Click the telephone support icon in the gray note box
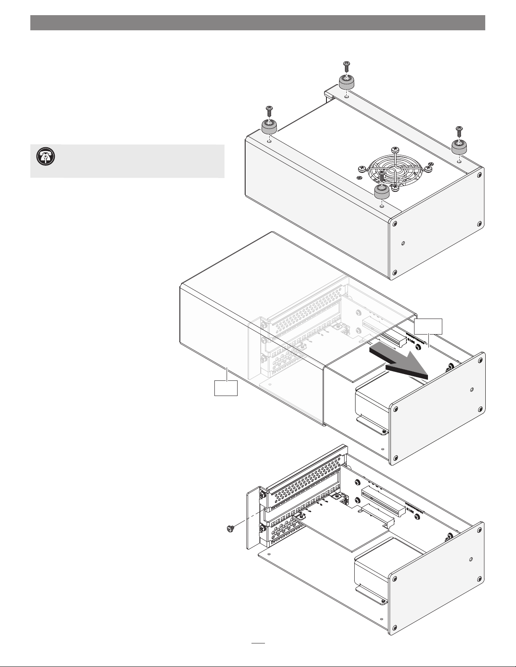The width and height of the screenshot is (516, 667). pyautogui.click(x=43, y=157)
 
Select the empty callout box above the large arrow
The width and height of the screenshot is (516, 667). pyautogui.click(x=428, y=326)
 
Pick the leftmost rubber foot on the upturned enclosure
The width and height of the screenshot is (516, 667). pyautogui.click(x=270, y=126)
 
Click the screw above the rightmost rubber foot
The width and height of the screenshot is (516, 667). pyautogui.click(x=459, y=130)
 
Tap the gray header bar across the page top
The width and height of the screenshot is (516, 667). pyautogui.click(x=258, y=23)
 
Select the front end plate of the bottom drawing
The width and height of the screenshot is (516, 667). pyautogui.click(x=436, y=585)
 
